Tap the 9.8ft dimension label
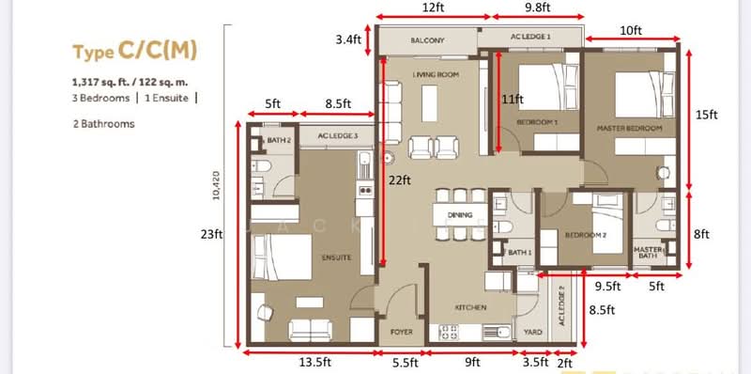537,8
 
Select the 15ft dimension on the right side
706,114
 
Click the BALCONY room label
427,41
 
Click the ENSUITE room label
335,257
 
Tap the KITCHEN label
469,308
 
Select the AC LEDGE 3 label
338,136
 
